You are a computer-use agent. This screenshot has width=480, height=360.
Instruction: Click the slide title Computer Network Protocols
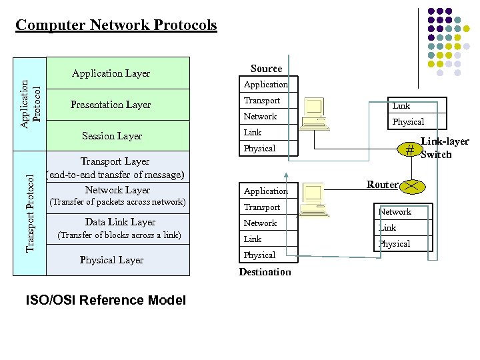tap(116, 25)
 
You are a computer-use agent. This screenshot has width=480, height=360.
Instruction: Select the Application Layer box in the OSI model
tap(111, 73)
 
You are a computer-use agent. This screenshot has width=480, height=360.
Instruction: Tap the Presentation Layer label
tap(111, 105)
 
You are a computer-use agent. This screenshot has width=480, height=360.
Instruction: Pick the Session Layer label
tap(112, 136)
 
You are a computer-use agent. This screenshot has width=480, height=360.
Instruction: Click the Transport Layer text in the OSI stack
tap(115, 161)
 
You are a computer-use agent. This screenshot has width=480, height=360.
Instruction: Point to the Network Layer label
tap(117, 190)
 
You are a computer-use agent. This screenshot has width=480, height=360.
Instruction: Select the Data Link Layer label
tap(120, 222)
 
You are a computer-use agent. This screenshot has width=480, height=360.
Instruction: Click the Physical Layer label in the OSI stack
tap(111, 260)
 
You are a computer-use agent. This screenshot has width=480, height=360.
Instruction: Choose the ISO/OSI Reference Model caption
tap(105, 301)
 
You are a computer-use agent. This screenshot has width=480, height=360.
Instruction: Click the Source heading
tap(266, 69)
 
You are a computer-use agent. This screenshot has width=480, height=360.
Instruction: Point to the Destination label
tap(265, 272)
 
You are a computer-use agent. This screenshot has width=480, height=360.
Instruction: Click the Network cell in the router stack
tap(395, 212)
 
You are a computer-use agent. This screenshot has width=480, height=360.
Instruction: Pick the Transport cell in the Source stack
tap(262, 101)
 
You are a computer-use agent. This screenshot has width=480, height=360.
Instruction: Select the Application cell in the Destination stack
tap(265, 191)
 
